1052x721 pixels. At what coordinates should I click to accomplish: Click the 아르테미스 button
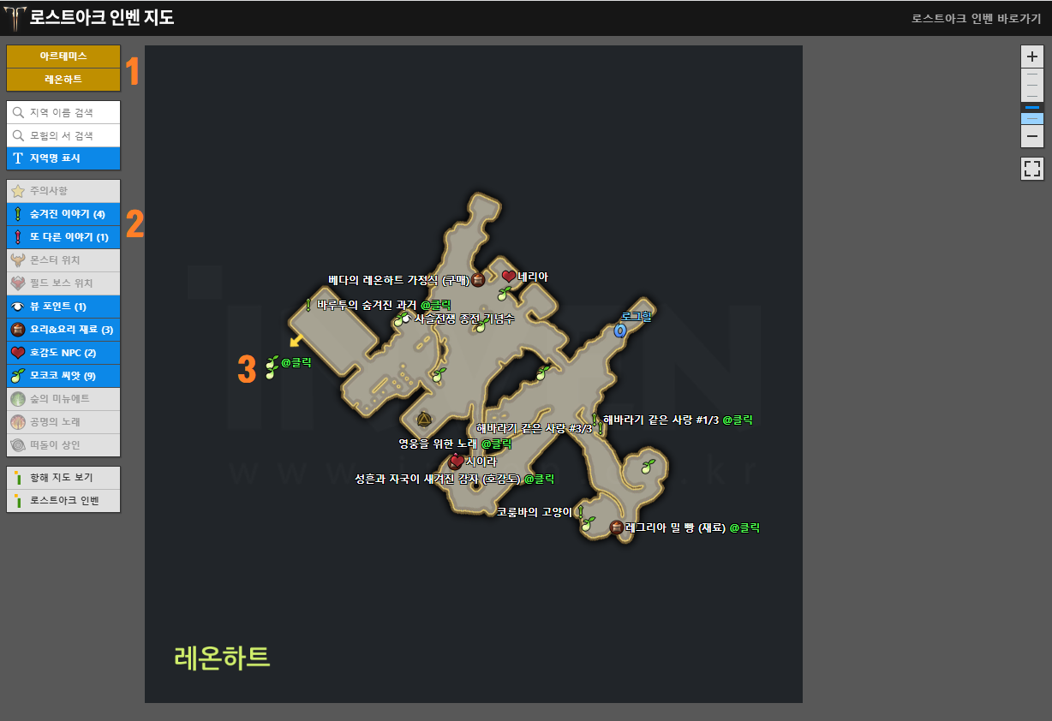pos(63,57)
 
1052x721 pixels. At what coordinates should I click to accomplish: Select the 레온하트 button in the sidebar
pos(63,79)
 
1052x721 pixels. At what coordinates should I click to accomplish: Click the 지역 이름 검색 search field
pos(63,112)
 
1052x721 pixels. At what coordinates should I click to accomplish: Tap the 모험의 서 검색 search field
pos(63,135)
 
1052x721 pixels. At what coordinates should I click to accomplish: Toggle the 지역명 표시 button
pos(63,158)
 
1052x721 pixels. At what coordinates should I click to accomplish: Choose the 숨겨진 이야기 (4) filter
pos(63,214)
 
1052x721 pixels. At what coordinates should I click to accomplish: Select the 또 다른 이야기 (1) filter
pos(63,237)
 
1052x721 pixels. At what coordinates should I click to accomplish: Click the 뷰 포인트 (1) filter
pos(63,307)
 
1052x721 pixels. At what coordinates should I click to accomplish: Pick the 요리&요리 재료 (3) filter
pos(63,330)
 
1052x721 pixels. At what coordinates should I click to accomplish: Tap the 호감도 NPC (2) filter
pos(63,353)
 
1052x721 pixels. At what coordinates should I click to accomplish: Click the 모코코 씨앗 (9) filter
pos(63,376)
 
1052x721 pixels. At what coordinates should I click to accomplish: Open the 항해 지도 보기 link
pos(63,478)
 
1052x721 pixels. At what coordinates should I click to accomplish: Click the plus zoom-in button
pos(1032,57)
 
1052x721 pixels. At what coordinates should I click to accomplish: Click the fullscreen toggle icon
pos(1032,169)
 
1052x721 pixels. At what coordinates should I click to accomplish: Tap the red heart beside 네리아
pos(509,277)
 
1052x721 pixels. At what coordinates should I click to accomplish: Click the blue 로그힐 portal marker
pos(620,330)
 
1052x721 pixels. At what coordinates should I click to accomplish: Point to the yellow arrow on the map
pos(296,341)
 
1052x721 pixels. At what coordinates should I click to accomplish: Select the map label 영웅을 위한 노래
pos(438,444)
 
